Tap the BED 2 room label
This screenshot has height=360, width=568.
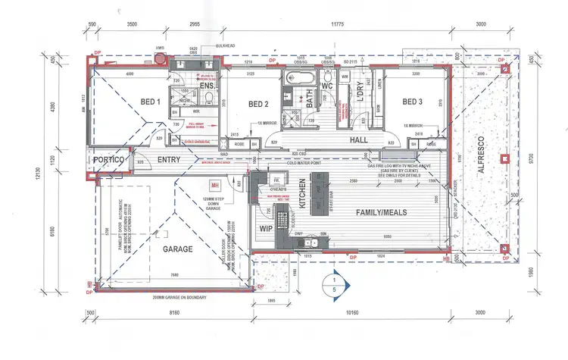click(x=258, y=103)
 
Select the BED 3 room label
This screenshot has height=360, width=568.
click(x=411, y=102)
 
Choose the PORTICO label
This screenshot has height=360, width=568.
click(x=109, y=161)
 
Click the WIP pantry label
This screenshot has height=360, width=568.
click(x=265, y=227)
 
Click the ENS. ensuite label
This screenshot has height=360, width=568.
click(x=208, y=86)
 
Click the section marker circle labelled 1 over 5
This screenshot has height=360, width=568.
click(x=331, y=282)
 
